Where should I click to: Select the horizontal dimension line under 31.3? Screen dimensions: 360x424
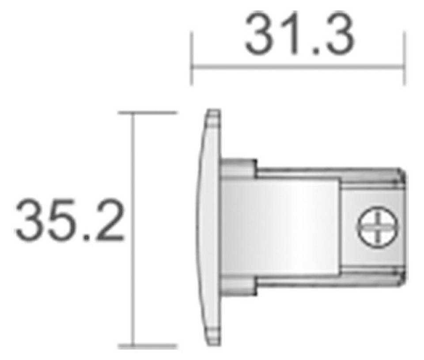tap(298, 68)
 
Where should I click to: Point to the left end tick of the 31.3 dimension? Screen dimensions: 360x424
tap(191, 57)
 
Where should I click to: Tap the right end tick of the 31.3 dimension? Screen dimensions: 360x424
tap(405, 57)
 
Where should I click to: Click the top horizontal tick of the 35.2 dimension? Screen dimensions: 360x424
tap(148, 113)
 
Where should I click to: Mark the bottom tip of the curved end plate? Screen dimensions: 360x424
tap(212, 343)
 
